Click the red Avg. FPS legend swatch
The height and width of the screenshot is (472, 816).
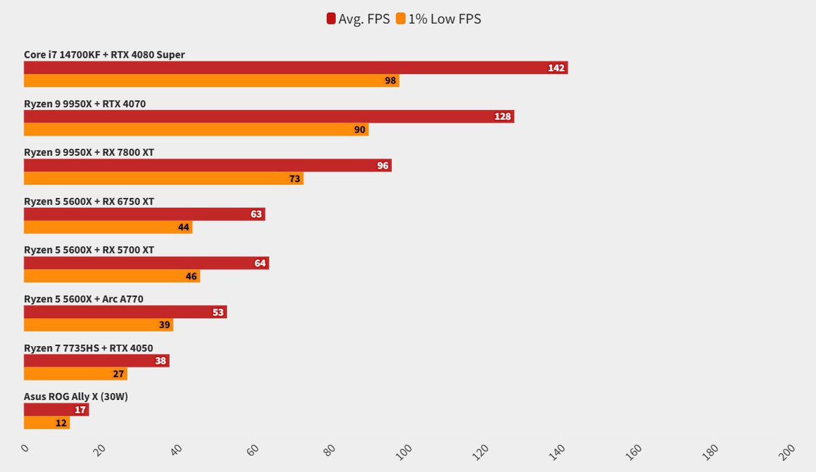[x=331, y=19]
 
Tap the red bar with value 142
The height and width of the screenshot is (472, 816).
[x=295, y=68]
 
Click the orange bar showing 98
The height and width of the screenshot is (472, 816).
[x=211, y=81]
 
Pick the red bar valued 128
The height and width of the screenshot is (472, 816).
[x=269, y=116]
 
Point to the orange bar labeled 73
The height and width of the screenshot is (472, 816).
[x=163, y=179]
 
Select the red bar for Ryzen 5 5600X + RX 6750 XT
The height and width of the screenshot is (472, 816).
[x=144, y=214]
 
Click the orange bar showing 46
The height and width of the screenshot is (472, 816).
[x=112, y=277]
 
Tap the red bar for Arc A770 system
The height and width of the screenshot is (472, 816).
[x=125, y=312]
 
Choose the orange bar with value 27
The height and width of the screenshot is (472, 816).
[x=75, y=374]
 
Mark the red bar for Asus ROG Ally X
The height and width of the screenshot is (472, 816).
[x=56, y=409]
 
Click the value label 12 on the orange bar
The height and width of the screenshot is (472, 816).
[x=61, y=423]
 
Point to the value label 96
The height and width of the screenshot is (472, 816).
[x=383, y=166]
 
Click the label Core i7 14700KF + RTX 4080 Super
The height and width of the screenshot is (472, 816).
[x=104, y=54]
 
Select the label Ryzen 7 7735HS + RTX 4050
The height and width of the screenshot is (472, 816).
[x=88, y=348]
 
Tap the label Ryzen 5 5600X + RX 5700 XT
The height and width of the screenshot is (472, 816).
[x=89, y=250]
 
